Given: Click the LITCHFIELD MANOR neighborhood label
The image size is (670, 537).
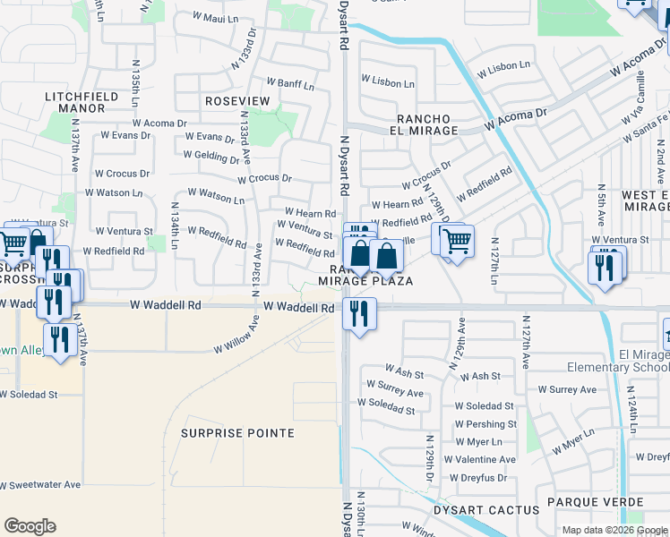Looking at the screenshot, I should point(77,101).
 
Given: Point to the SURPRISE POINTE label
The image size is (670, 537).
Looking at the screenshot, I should point(237,433).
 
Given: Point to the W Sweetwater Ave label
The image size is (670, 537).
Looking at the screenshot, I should point(40,484).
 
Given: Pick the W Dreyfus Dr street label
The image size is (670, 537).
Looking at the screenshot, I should point(479,477).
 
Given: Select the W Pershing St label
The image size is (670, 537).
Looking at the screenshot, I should point(485,424).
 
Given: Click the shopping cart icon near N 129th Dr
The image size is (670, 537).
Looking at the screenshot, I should point(456,241).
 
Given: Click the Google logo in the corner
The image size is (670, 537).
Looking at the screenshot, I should point(30,526).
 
